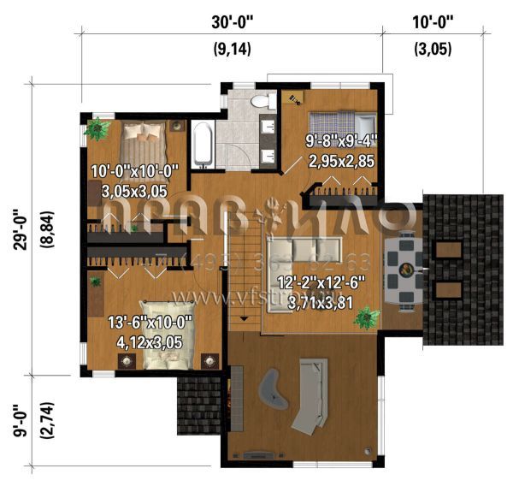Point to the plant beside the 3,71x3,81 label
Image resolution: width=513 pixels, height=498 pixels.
coord(367,319)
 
